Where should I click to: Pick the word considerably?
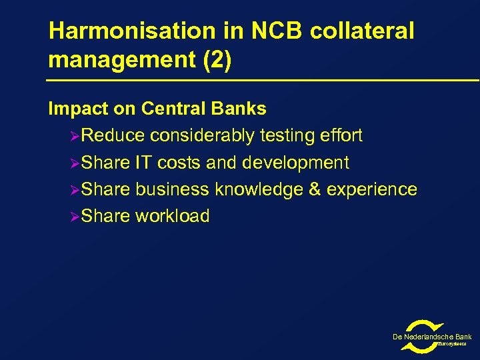click(202, 136)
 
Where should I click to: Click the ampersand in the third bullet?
click(315, 189)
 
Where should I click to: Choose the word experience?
click(372, 189)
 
